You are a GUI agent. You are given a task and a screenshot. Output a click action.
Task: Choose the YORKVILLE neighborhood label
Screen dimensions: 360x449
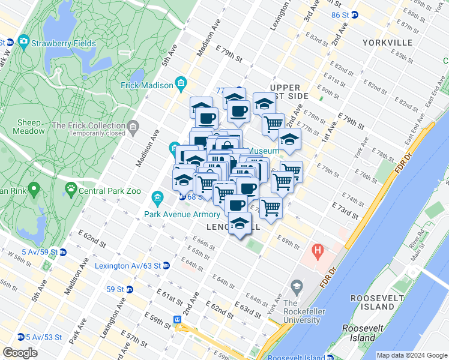tap(387, 43)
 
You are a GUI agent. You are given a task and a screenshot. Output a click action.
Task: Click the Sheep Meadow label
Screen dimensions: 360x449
tap(29, 128)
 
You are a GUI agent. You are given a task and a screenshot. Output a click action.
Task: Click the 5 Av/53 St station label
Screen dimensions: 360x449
tap(44, 337)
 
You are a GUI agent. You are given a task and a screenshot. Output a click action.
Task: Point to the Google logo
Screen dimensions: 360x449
tap(20, 353)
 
